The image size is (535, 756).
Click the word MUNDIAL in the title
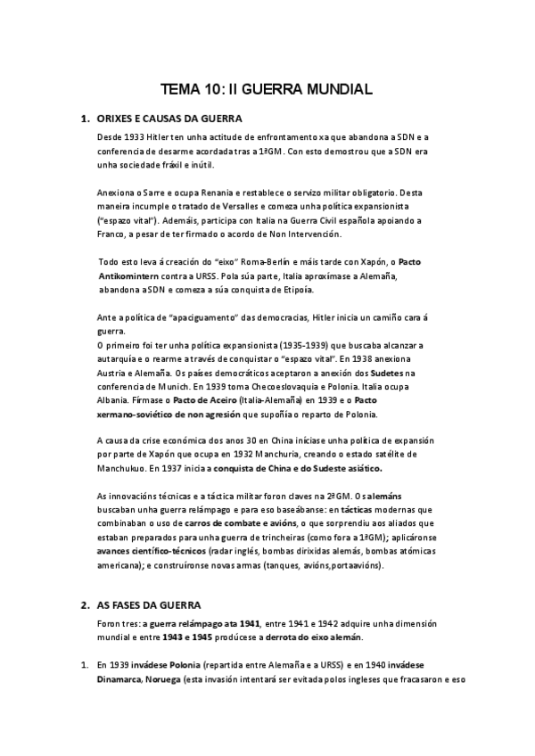[x=331, y=89]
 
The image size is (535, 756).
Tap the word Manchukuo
[x=129, y=468]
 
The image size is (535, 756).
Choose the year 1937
[x=190, y=468]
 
